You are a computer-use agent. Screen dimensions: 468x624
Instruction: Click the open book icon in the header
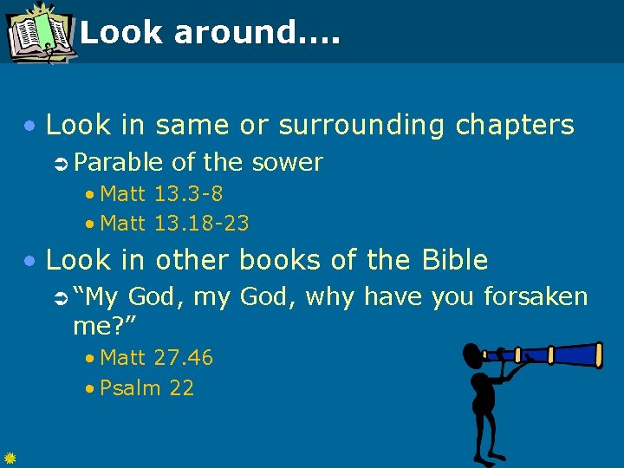click(39, 33)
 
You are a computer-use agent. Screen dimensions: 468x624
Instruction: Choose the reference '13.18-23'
click(201, 224)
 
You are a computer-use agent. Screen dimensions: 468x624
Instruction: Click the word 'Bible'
click(454, 259)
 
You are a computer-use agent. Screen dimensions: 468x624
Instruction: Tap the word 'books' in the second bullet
click(279, 259)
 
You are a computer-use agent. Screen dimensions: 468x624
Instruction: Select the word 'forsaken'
click(536, 297)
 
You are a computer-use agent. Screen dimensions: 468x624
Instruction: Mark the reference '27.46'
click(183, 357)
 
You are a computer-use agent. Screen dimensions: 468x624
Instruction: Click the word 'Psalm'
click(131, 387)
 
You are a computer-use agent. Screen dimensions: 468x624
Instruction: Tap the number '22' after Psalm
click(182, 387)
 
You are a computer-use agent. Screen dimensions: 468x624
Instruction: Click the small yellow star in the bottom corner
click(9, 458)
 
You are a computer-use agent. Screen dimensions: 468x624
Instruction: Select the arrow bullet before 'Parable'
click(62, 163)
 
